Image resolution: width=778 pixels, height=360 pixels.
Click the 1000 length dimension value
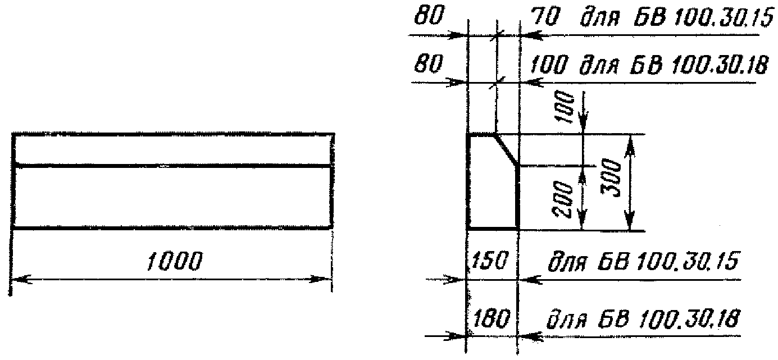pos(174,261)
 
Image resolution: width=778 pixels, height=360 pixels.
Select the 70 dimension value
pos(543,19)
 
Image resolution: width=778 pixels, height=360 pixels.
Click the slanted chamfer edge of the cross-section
pos(507,150)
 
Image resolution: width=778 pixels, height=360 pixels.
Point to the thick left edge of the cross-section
pos(467,182)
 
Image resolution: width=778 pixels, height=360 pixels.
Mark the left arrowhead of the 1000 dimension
pos(20,279)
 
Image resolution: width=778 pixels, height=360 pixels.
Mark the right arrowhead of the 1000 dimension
pos(323,279)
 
